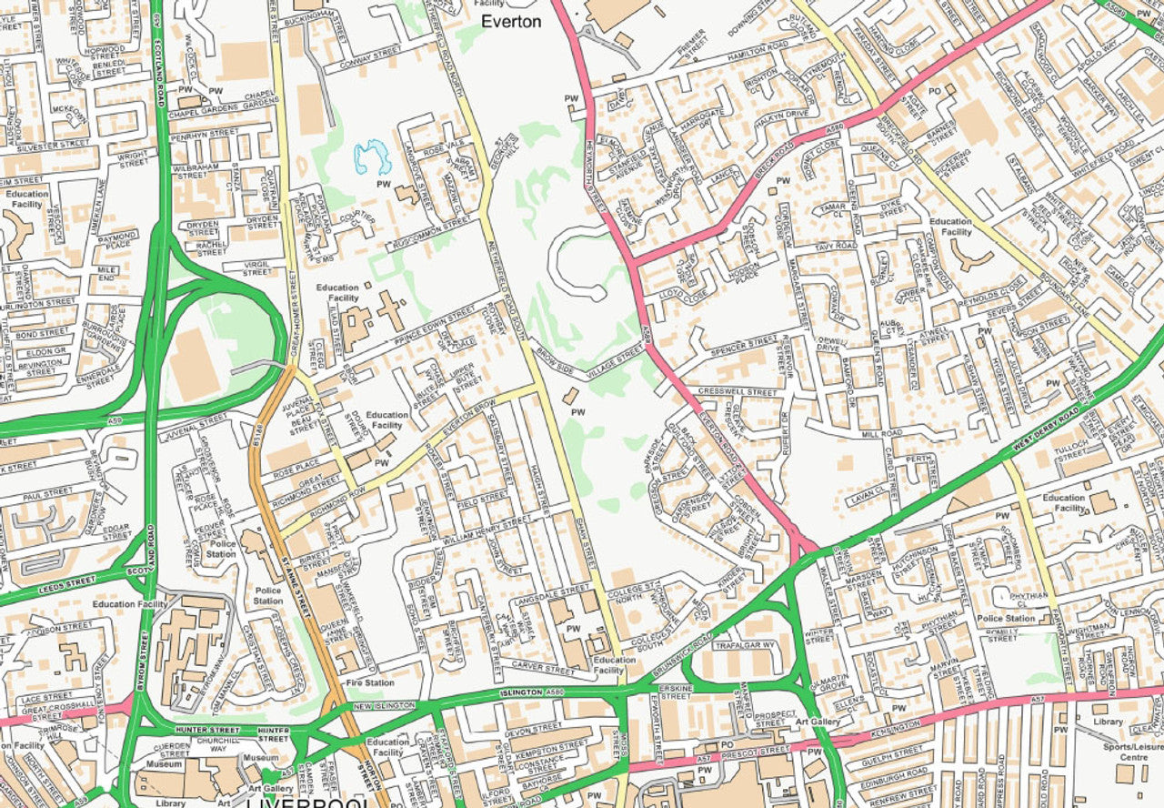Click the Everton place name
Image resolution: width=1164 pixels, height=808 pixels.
(510, 21)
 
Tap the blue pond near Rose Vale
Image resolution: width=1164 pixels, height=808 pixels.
(373, 157)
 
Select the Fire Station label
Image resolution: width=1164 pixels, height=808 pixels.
(369, 682)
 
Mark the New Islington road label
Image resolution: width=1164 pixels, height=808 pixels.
(385, 706)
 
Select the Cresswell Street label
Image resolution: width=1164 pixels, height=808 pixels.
(738, 392)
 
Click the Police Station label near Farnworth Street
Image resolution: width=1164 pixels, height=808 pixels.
(1007, 619)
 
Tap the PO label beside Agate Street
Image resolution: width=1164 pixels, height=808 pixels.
(934, 91)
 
